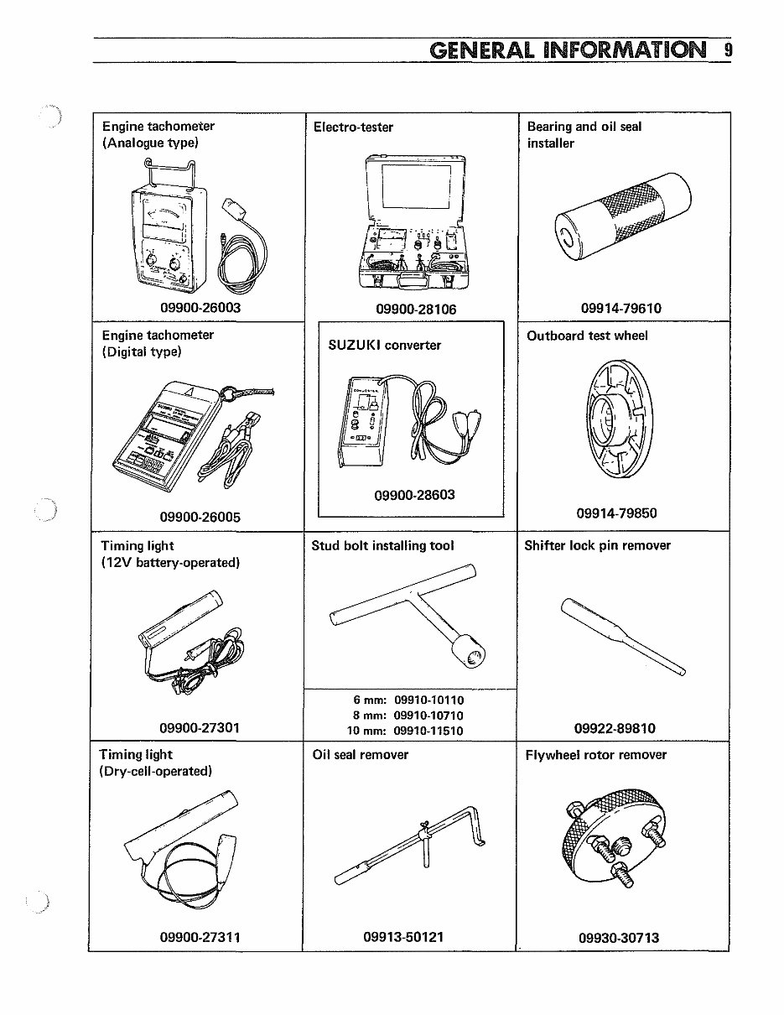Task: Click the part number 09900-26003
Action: click(x=200, y=308)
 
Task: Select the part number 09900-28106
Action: click(x=416, y=309)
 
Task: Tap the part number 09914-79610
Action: click(x=620, y=308)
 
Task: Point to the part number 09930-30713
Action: click(x=619, y=937)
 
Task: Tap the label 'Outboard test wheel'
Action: click(x=587, y=336)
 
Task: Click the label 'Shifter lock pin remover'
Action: click(x=597, y=545)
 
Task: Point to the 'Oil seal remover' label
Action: click(x=361, y=754)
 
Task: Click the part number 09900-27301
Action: click(x=200, y=727)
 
